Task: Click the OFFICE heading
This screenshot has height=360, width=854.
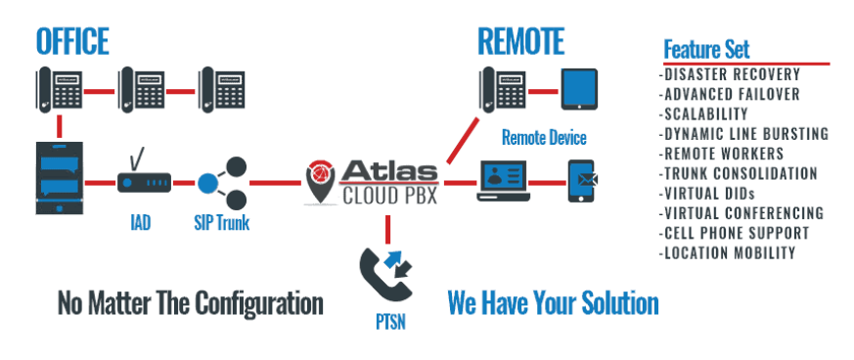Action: pos(72,41)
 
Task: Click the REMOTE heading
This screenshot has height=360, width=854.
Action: pos(520,41)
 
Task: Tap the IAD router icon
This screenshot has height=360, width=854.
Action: pos(145,175)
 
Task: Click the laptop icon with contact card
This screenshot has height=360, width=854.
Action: pos(503,181)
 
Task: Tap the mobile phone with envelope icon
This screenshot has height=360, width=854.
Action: pos(582,181)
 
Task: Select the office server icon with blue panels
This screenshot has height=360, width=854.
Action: pos(60,177)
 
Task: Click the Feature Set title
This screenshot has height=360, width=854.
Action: pos(706,50)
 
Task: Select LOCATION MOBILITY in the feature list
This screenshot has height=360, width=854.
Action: pos(728,252)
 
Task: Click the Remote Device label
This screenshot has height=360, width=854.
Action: pos(544,137)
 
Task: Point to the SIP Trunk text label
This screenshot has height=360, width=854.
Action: pos(222,223)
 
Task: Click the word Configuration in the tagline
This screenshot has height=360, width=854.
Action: pos(258,303)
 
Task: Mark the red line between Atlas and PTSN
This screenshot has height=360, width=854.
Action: pos(387,229)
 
